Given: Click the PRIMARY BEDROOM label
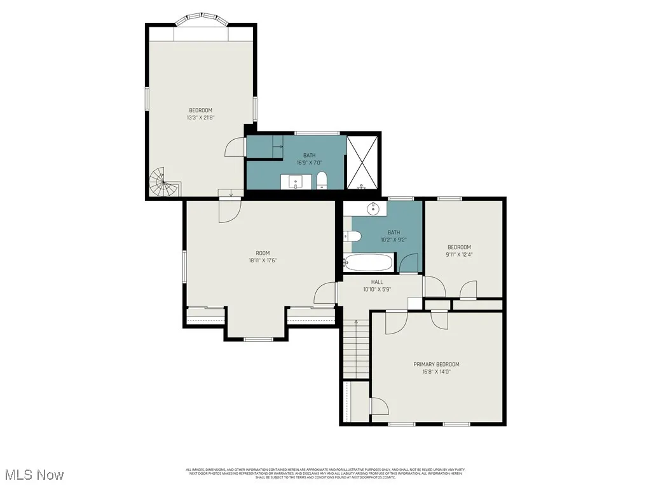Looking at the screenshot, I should click(x=436, y=364).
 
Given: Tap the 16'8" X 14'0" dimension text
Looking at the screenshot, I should click(x=436, y=372).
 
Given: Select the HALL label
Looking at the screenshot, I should click(x=377, y=281).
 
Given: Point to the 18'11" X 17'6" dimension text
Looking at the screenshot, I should click(x=263, y=260).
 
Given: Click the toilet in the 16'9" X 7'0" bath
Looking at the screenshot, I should click(x=322, y=180).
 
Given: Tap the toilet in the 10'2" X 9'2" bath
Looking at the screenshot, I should click(x=353, y=236).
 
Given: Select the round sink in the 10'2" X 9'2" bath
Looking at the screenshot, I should click(x=373, y=209).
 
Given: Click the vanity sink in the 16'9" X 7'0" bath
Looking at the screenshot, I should click(x=297, y=182).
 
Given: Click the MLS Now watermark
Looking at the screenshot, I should click(x=33, y=475).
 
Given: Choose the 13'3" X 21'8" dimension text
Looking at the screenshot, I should click(x=200, y=118).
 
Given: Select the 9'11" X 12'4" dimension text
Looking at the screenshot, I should click(x=460, y=254).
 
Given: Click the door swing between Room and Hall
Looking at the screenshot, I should click(x=325, y=293).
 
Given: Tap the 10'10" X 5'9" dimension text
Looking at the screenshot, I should click(x=377, y=289).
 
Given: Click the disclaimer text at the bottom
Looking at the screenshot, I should click(x=325, y=473).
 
